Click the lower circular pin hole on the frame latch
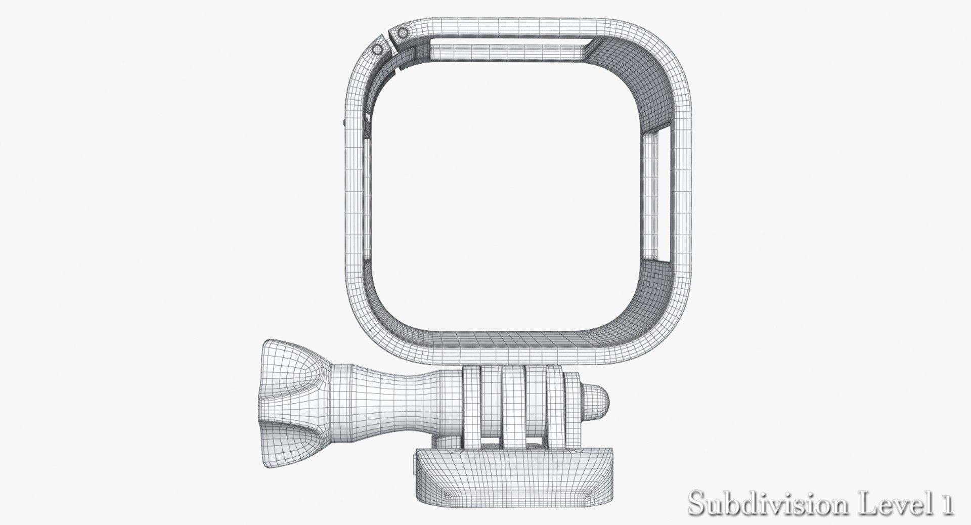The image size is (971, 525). [x=377, y=50]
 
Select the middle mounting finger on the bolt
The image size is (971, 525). [x=514, y=405]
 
